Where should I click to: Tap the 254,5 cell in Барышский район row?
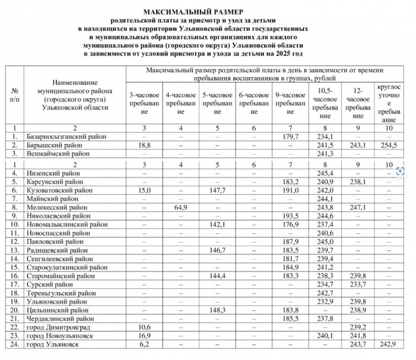389,145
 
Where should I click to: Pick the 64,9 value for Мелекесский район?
180,207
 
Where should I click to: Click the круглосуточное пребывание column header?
389,103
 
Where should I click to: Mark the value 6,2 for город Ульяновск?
143,344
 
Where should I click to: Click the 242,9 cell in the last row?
389,344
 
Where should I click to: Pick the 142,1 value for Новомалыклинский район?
217,225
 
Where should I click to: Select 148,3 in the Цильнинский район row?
217,310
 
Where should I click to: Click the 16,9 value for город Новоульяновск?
143,336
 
